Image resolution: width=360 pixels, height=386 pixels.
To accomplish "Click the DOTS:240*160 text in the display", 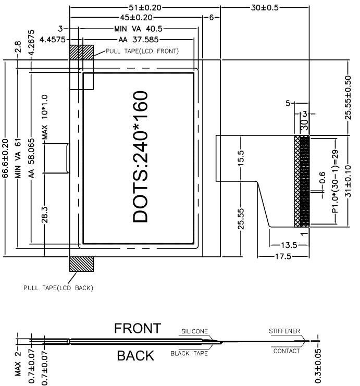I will [141, 157].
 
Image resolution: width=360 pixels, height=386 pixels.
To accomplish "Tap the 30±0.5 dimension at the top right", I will [265, 7].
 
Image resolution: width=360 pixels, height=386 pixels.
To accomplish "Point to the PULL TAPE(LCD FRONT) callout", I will [142, 51].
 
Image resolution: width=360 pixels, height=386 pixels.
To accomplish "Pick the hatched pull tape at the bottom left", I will [82, 264].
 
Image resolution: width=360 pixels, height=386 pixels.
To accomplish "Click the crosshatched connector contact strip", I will [302, 181].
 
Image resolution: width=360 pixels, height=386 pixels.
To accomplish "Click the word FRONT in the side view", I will [138, 329].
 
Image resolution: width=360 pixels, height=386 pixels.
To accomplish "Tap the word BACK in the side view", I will [135, 356].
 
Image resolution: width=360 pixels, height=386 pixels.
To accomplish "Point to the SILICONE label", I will [194, 331].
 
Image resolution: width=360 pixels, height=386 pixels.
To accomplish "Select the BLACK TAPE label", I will [189, 354].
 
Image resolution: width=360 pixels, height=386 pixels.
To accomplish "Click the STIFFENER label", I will [284, 331].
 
